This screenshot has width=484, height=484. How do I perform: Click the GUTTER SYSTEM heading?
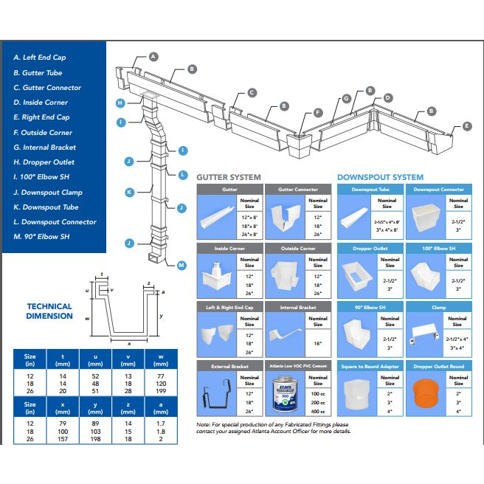228,177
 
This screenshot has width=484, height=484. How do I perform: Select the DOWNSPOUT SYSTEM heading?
380,177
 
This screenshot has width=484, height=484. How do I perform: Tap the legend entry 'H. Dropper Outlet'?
44,162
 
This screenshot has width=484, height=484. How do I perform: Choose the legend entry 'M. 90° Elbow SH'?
41,236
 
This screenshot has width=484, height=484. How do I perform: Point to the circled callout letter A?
153,56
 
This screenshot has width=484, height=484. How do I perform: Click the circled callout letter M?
181,264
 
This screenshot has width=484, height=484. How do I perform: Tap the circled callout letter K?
128,192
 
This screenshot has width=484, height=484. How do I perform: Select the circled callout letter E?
466,126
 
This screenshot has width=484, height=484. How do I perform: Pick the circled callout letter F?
318,113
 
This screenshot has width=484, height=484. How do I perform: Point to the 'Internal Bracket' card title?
297,307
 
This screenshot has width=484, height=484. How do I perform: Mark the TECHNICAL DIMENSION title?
49,311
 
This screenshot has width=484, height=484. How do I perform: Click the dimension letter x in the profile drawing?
129,344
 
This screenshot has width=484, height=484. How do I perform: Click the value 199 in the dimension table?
159,391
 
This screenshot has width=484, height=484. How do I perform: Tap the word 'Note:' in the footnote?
204,425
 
